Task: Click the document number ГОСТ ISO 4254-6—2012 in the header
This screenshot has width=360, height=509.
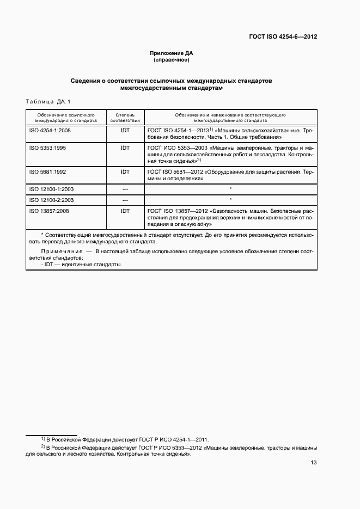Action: pos(283,38)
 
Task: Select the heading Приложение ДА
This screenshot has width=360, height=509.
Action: pos(172,53)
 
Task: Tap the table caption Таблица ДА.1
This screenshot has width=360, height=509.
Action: pos(48,102)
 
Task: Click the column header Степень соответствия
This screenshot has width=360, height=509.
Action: pos(125,118)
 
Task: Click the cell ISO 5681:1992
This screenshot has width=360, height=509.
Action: pos(47,171)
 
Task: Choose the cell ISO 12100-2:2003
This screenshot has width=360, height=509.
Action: pos(51,200)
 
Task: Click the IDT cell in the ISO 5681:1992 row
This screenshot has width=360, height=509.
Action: pos(125,171)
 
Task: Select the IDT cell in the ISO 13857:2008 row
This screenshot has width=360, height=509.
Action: pos(125,210)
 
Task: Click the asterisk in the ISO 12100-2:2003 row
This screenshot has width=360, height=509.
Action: pos(230,200)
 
